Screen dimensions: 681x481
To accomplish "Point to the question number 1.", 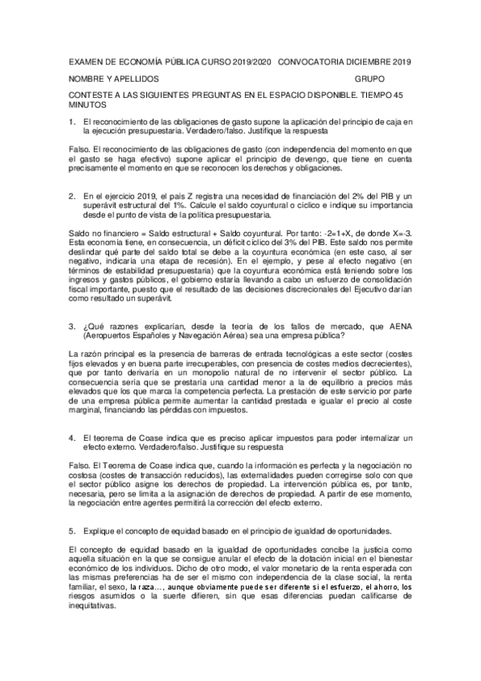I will coord(72,120).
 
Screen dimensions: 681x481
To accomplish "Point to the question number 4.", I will coord(72,437).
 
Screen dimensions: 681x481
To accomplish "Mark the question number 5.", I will coord(72,531).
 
